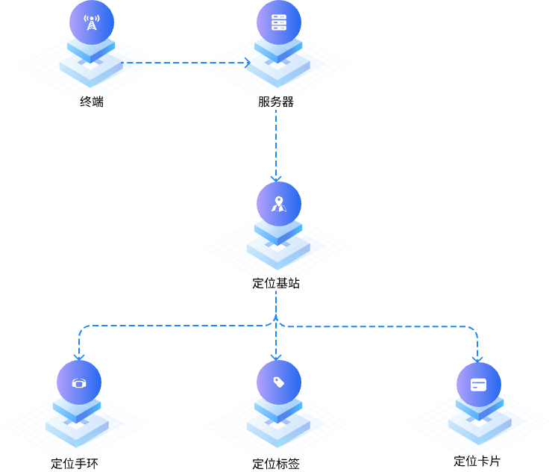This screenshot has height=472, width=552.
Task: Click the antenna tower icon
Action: (91, 22)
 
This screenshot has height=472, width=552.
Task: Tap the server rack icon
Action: (279, 22)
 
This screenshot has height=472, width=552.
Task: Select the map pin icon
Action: (278, 203)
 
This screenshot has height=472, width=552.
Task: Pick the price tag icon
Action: (279, 382)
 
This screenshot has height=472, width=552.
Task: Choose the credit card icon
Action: (478, 385)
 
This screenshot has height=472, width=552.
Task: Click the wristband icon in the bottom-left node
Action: (79, 383)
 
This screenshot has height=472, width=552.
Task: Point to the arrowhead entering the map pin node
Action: (276, 178)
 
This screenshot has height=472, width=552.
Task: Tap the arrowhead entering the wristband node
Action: (79, 357)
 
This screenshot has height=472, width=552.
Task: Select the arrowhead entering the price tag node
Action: (276, 357)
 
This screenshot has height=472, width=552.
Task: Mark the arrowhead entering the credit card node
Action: (477, 358)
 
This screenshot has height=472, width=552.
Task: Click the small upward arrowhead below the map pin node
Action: (276, 317)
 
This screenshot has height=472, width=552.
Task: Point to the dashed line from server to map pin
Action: (276, 142)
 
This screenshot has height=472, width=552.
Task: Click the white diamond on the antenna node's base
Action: (91, 66)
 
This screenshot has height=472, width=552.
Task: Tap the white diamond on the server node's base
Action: (278, 66)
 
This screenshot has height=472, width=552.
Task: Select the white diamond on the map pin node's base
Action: (278, 247)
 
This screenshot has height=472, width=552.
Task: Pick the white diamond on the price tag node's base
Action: (278, 426)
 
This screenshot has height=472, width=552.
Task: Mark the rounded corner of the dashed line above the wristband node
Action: (81, 328)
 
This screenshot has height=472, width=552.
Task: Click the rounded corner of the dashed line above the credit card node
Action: (474, 329)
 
